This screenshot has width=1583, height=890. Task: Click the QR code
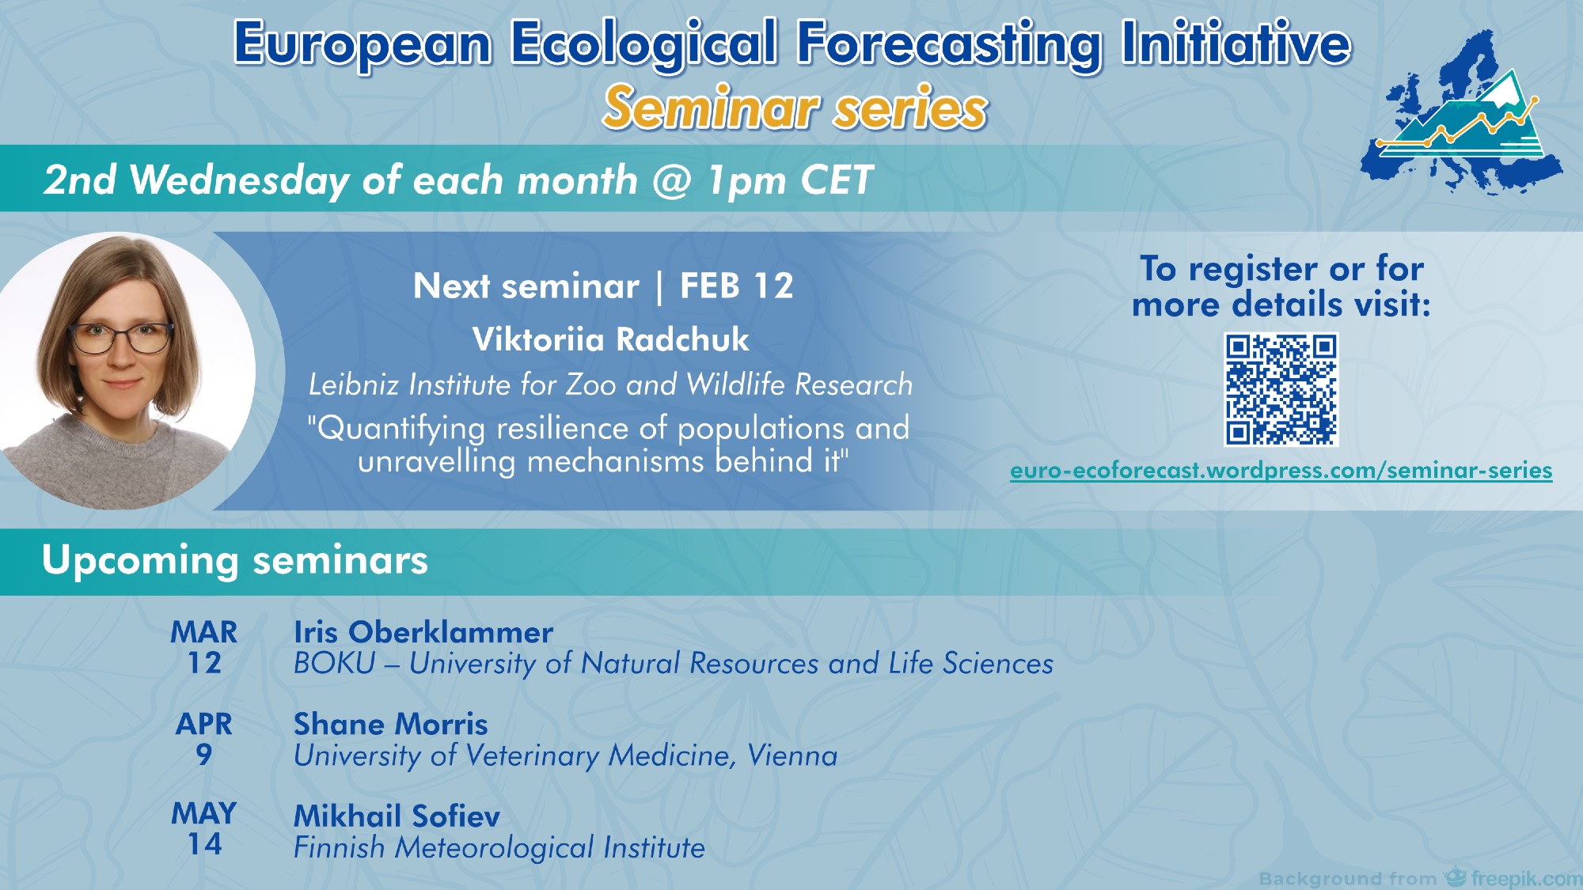point(1281,389)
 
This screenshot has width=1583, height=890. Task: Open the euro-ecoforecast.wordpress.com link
point(1281,471)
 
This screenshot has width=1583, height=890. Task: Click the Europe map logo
point(1461,113)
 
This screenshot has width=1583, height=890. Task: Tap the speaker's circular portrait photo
point(127,370)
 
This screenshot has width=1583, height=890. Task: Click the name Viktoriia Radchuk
point(610,339)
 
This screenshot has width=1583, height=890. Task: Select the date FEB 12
point(736,286)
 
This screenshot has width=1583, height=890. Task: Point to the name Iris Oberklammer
point(423,632)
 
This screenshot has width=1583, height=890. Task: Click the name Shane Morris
point(391,724)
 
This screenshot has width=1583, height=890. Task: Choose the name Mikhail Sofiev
point(397,816)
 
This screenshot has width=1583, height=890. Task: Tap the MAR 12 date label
point(204,647)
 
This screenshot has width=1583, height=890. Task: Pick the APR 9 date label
point(204,739)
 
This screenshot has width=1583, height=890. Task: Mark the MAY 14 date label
point(204,828)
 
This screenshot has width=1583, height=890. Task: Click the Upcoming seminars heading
point(235,560)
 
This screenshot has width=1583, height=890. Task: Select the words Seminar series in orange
point(795,108)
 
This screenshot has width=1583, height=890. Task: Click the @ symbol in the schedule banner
point(672,180)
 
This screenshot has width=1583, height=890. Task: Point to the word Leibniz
point(354,384)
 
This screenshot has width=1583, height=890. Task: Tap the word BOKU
point(335,663)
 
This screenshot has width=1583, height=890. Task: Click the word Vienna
point(792,756)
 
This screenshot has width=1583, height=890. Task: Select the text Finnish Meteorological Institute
point(499,848)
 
